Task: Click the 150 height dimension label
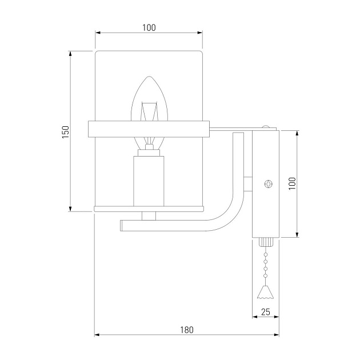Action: coord(66,132)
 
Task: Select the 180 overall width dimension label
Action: coord(187,330)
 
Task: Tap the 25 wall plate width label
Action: coord(265,312)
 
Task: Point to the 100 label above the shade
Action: coord(149,27)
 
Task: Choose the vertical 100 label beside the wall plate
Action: coord(292,183)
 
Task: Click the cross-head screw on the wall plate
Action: coord(268,184)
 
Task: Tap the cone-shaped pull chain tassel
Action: coord(266,292)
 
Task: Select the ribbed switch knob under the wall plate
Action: coord(266,242)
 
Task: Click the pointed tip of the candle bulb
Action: coord(150,77)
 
